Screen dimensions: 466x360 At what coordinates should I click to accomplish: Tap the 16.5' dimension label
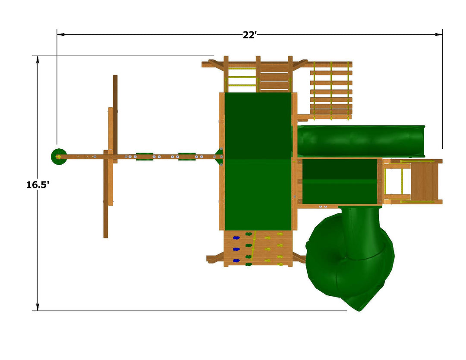[38, 185]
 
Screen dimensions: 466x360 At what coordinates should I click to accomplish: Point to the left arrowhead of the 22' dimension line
[61, 34]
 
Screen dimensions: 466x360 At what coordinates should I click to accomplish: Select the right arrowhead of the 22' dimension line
[439, 34]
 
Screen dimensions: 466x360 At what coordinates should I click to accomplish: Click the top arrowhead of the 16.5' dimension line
[38, 59]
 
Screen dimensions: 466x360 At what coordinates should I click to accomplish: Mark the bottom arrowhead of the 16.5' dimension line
[38, 307]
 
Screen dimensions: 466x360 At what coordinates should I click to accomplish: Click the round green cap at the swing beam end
[59, 157]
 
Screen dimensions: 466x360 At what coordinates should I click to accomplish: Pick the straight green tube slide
[362, 141]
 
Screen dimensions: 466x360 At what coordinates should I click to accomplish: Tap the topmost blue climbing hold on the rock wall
[236, 238]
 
